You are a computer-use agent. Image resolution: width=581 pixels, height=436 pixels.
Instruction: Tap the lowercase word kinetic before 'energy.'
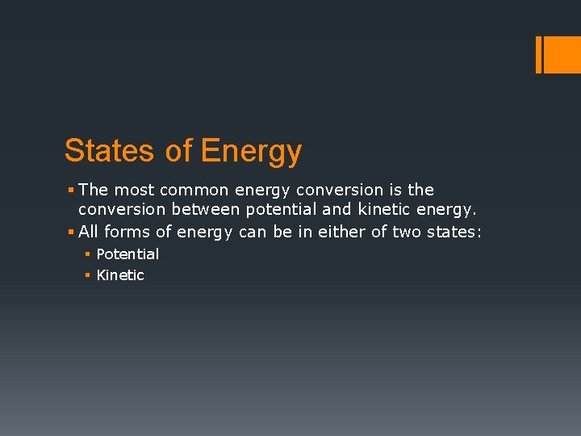tap(395, 211)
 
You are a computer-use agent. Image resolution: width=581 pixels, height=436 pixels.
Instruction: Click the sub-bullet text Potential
tap(127, 254)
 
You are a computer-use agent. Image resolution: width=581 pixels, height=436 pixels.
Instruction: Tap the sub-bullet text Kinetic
tap(120, 275)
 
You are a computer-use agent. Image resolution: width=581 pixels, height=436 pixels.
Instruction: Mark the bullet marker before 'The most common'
tap(71, 190)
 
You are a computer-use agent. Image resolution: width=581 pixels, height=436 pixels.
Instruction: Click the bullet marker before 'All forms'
tap(71, 233)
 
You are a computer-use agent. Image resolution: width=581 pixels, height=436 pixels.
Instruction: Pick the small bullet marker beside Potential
tap(88, 254)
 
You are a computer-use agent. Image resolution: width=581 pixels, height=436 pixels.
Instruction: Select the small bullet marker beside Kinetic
tap(88, 275)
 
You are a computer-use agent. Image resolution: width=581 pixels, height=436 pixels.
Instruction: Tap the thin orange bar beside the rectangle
tap(539, 54)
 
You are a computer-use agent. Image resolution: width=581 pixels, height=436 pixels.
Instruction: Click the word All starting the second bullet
tap(89, 233)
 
